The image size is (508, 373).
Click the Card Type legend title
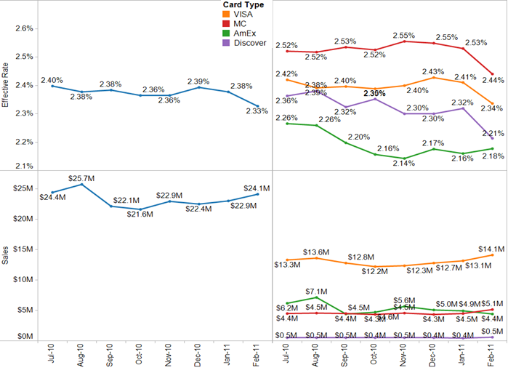(x=243, y=5)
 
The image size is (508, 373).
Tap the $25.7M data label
(x=80, y=177)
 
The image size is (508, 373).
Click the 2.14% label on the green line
(x=403, y=164)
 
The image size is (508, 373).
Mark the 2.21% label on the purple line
(x=492, y=133)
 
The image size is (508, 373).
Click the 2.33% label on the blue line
(x=257, y=111)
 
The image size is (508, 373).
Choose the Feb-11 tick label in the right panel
(x=492, y=357)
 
